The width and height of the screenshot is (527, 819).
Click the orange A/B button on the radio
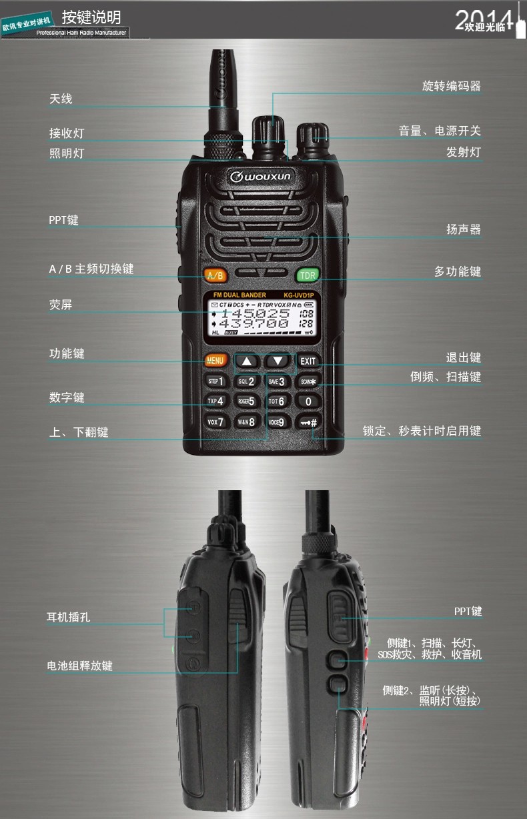(x=215, y=275)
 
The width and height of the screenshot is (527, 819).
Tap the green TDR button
(x=307, y=275)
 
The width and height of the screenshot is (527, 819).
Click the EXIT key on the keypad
(x=308, y=361)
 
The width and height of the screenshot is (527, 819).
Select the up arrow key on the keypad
(x=247, y=361)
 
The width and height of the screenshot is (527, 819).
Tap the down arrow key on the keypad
(x=278, y=361)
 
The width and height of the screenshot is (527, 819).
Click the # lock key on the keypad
(x=308, y=422)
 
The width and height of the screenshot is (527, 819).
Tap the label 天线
(x=61, y=99)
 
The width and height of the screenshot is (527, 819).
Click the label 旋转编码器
(x=451, y=86)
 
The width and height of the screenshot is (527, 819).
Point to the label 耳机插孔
(x=68, y=617)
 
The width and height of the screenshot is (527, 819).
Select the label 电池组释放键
(x=79, y=666)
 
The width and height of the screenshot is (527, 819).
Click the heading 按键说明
(x=91, y=17)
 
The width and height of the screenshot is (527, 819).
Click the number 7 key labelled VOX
(x=215, y=422)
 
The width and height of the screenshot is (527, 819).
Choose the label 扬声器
(x=463, y=229)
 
